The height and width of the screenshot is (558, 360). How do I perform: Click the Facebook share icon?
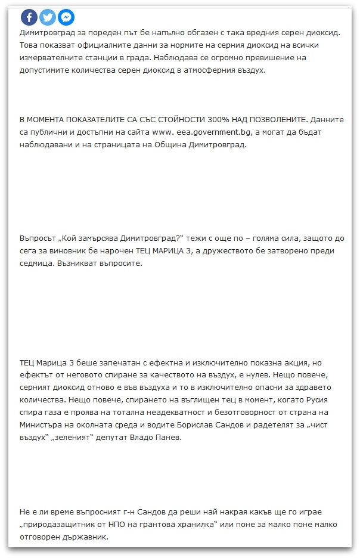pos(29,17)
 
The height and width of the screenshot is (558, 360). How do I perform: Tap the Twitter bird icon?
pos(48,17)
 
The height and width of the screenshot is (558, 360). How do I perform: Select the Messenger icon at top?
pos(66,17)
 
